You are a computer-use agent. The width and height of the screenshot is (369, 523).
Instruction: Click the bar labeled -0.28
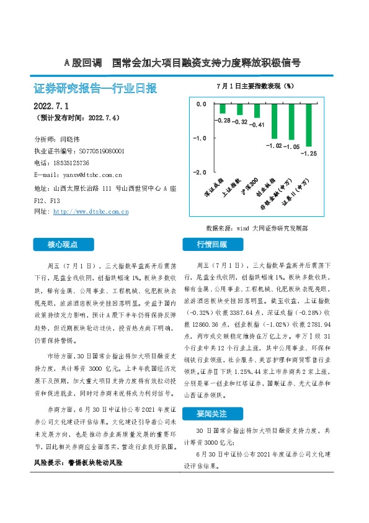click(223, 109)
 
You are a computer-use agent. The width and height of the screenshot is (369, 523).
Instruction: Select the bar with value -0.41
click(257, 111)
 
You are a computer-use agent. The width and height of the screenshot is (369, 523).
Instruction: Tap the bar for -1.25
click(309, 125)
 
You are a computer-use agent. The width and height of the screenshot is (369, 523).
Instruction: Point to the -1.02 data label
click(273, 145)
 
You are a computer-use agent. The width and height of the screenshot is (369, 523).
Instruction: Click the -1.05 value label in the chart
click(291, 147)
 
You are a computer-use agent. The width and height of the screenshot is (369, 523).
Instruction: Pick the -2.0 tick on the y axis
click(200, 171)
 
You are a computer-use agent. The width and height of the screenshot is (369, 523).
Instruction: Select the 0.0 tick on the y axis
click(200, 104)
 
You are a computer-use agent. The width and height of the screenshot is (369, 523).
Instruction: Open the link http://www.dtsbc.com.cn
click(91, 212)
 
